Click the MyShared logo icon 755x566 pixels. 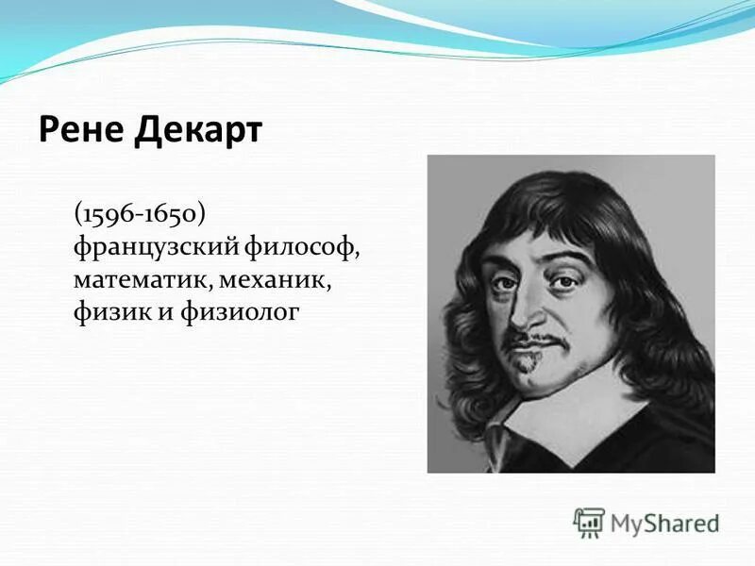pyautogui.click(x=589, y=522)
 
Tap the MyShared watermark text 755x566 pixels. pyautogui.click(x=664, y=523)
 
